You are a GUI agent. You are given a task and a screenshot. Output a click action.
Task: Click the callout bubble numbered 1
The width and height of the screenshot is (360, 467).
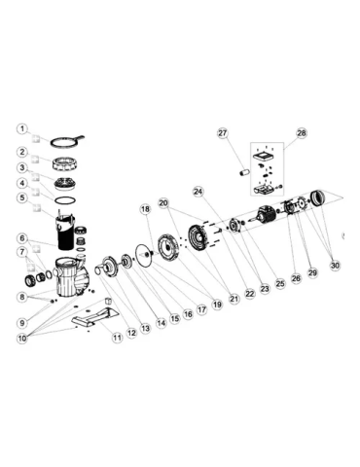coord(22,128)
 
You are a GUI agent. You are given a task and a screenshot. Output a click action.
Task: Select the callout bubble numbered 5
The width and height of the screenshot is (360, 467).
coord(22,198)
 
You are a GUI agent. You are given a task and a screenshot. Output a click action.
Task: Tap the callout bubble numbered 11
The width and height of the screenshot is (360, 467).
coord(117,338)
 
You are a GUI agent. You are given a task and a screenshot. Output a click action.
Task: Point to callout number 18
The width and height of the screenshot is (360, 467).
coord(146,209)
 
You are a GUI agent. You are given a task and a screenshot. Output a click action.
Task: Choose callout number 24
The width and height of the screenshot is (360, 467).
coord(198,192)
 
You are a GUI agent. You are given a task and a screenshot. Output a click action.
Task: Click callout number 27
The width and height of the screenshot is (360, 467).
coord(223,133)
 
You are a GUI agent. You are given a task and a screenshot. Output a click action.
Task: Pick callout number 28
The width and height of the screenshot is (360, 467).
coord(302,133)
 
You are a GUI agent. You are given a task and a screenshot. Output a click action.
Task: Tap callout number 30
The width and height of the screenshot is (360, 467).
coord(335,266)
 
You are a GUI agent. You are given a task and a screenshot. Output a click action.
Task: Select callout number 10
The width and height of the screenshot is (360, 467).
coord(22,339)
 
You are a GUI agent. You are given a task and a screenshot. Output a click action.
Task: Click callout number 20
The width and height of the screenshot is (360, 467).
coord(163,203)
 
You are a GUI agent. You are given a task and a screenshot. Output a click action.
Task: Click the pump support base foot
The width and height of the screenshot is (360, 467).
coord(95,315)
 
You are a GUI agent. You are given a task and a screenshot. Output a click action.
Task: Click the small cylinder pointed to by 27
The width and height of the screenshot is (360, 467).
coord(244,172)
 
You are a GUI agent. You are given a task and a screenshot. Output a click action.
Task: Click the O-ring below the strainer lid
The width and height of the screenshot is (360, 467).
coord(65,200)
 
